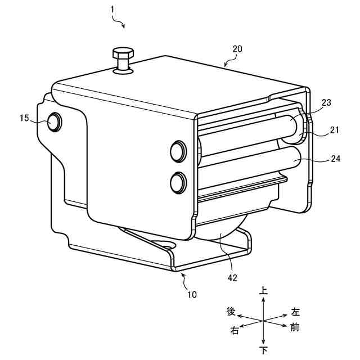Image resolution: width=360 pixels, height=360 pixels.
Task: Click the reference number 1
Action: point(113,9)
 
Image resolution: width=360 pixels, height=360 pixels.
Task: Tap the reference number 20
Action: point(237,49)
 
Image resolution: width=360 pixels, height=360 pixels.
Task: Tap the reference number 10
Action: point(192,294)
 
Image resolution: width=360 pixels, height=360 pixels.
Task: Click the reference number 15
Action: point(24,118)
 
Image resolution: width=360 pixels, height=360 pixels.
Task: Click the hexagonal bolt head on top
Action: point(122,54)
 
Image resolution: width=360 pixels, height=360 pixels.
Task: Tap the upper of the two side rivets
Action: point(178,150)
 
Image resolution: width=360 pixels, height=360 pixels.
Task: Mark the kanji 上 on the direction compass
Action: point(263,291)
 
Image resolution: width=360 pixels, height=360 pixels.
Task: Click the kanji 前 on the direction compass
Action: point(295,327)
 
